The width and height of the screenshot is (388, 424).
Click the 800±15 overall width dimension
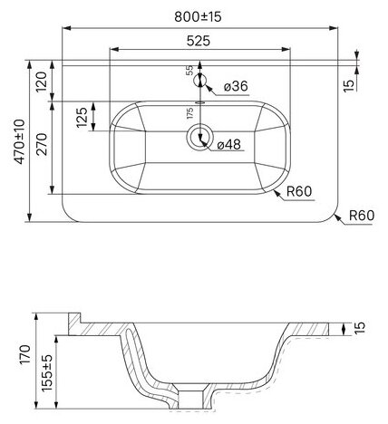pos(198,17)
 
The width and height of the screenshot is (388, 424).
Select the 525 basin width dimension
pos(199,41)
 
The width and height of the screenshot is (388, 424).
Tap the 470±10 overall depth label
pos(20,141)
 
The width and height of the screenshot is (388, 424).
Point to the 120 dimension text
pos(42,82)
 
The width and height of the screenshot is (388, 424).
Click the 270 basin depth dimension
pos(42,144)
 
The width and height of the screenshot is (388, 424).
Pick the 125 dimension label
pos(82,117)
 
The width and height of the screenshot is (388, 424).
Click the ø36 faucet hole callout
pos(236,86)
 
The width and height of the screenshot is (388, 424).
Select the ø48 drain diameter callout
pos(229,145)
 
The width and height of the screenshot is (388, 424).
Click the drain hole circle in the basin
pos(199,137)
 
